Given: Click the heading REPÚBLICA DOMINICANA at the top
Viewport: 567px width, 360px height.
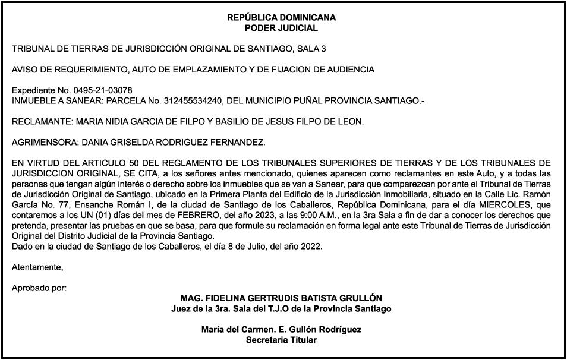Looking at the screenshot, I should pos(281,18).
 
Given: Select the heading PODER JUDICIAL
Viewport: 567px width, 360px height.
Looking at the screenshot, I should pos(281,28).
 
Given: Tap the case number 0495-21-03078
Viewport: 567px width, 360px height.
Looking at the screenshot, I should pos(102,90).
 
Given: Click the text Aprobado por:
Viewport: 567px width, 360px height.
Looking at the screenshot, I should pos(39,288).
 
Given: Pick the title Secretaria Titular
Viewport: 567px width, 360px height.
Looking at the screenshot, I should pos(281,340).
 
